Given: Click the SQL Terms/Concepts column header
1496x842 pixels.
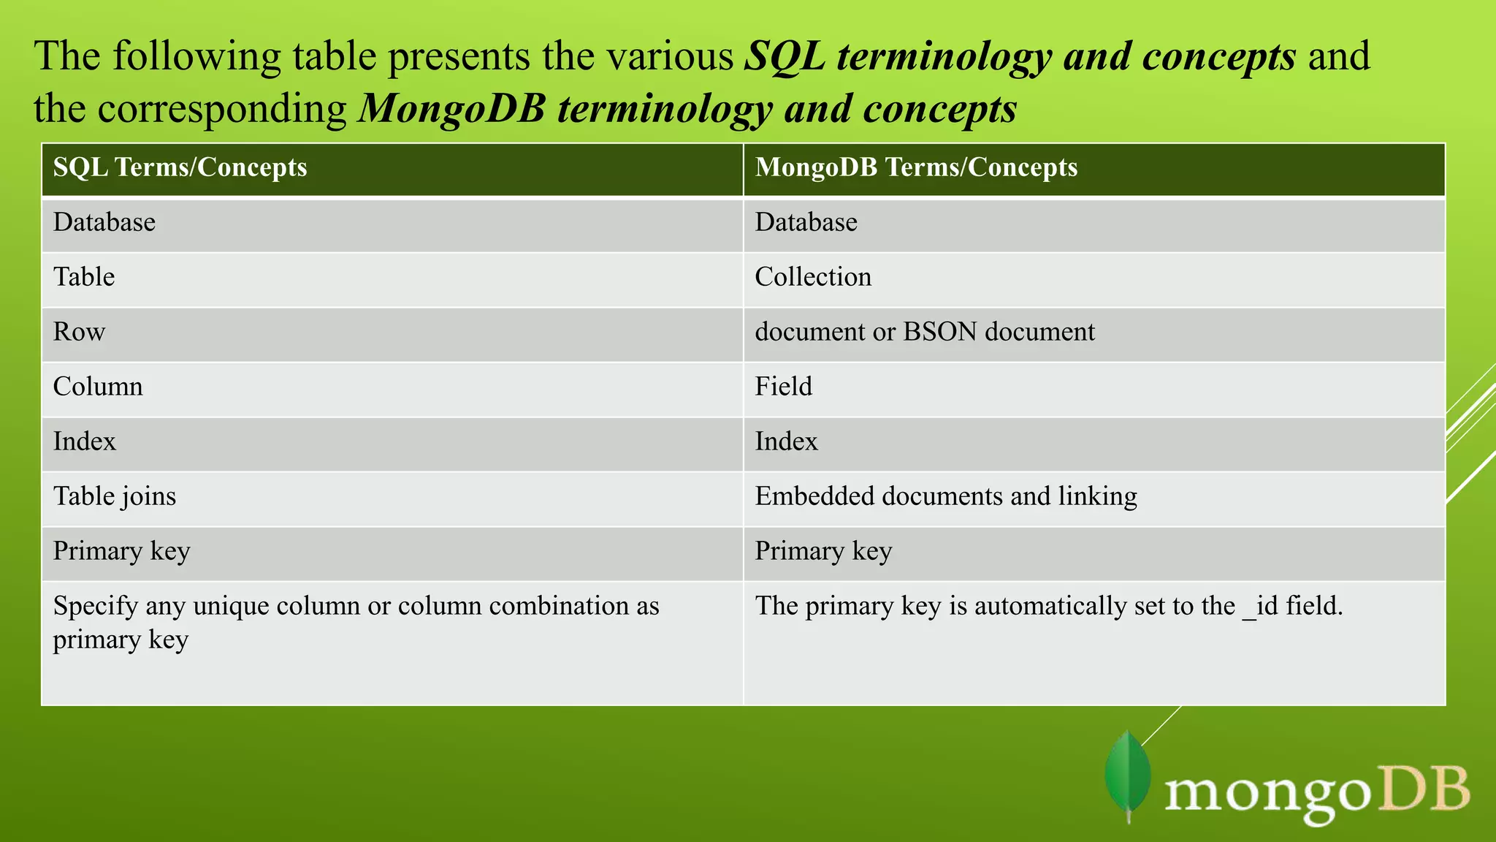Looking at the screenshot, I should [180, 167].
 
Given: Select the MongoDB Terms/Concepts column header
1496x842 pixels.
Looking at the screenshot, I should [916, 167].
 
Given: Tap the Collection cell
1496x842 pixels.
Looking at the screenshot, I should [813, 277].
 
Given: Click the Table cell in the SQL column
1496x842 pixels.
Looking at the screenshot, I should [84, 277].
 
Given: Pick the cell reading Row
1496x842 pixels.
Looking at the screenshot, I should [79, 332].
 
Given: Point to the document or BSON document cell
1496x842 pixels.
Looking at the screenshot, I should [925, 332].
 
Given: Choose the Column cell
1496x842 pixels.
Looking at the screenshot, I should [98, 387].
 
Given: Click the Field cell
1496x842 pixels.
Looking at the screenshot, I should [783, 387].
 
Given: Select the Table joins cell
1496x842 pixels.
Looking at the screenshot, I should [115, 496].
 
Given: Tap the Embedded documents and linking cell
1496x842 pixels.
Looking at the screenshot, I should [946, 496].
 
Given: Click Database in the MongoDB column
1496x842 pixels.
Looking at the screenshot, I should [806, 222].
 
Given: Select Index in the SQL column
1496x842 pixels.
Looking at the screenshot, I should [85, 441].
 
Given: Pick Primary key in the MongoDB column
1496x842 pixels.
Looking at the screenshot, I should [823, 551].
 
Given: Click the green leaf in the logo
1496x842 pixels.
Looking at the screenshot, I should [1128, 775].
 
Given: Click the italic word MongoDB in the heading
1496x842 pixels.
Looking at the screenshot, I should [452, 109].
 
